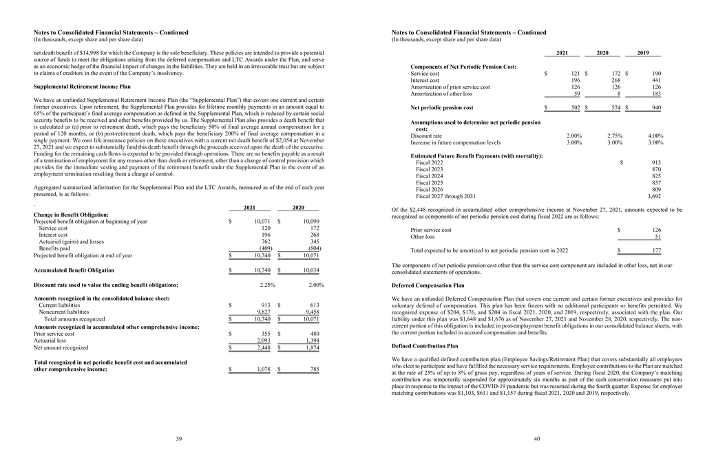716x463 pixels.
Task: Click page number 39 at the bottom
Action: pyautogui.click(x=178, y=438)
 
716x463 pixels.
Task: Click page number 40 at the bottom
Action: pyautogui.click(x=536, y=438)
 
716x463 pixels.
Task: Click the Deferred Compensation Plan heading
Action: pyautogui.click(x=428, y=285)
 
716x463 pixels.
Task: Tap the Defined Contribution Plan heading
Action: pyautogui.click(x=425, y=346)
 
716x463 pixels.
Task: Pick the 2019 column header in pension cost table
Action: pyautogui.click(x=643, y=53)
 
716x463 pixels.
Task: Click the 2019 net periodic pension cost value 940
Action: pyautogui.click(x=656, y=108)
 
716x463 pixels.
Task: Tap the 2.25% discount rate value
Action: pyautogui.click(x=268, y=285)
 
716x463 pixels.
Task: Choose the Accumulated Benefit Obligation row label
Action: pyautogui.click(x=74, y=270)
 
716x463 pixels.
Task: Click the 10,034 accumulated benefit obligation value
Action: pyautogui.click(x=311, y=270)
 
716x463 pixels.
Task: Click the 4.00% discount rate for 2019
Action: pyautogui.click(x=655, y=136)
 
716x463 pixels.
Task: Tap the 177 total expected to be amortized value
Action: pyautogui.click(x=656, y=251)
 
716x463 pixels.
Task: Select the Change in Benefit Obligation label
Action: pyautogui.click(x=71, y=215)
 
